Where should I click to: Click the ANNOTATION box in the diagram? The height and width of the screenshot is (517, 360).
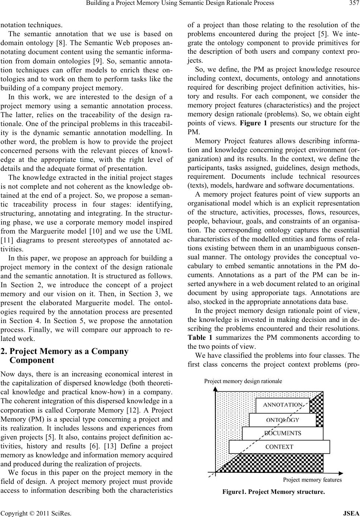pyautogui.click(x=282, y=405)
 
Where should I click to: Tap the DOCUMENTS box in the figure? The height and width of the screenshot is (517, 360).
pyautogui.click(x=282, y=433)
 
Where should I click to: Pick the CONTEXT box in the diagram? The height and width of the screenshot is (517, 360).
pyautogui.click(x=279, y=446)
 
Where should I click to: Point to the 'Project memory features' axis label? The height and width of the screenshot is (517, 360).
pyautogui.click(x=312, y=480)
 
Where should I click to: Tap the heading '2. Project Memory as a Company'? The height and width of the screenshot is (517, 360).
pyautogui.click(x=69, y=351)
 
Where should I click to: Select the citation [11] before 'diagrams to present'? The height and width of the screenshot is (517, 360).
pyautogui.click(x=7, y=231)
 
